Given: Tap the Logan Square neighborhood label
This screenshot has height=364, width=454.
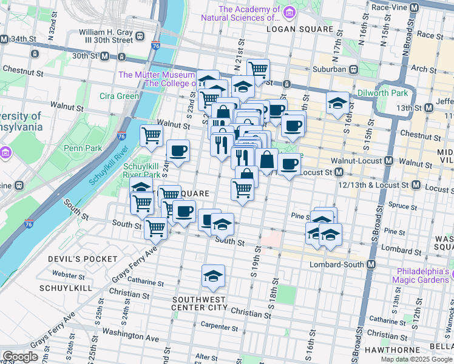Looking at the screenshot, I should (294, 29).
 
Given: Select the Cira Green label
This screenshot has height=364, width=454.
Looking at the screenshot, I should (120, 96).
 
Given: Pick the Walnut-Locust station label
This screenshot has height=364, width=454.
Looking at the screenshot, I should (358, 161).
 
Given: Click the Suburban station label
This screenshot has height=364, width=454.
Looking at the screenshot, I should (330, 69).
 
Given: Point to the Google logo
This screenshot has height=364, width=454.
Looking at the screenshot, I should (20, 357).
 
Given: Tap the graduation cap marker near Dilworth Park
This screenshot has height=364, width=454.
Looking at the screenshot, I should (337, 104).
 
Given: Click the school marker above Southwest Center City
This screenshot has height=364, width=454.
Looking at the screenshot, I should (214, 277).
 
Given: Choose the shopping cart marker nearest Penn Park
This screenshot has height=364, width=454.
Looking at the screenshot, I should (151, 136).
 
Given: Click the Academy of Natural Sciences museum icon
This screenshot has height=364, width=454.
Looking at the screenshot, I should (290, 12).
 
